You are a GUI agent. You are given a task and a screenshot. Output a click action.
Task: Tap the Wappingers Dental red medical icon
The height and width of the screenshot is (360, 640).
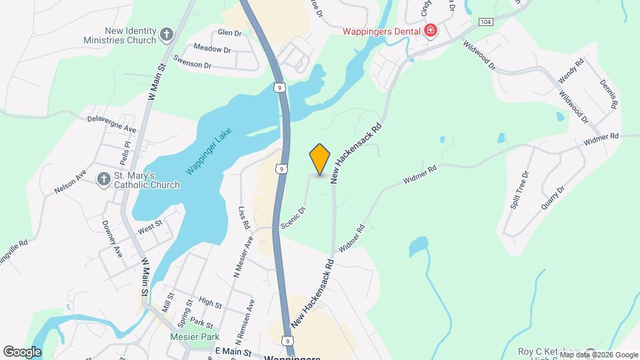coord(431,31)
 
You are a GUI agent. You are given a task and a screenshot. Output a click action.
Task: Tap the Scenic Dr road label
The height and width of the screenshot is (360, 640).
coord(293,219)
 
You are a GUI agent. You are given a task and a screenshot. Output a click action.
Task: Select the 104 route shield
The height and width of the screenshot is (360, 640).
coord(485,22)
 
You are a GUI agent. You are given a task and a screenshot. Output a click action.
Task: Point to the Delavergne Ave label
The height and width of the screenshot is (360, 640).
coord(111,123)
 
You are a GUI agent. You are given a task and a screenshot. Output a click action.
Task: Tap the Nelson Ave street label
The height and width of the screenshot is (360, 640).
coord(71,181)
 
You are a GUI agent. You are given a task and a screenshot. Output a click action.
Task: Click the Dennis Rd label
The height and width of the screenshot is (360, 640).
coord(608,95)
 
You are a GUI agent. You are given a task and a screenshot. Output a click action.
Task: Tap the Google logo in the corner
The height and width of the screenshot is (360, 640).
coord(22,351)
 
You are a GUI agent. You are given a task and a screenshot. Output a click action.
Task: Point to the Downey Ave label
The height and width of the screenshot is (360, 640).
coord(113,239)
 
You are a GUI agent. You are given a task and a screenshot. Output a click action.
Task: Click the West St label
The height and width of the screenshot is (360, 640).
coord(150,228)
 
